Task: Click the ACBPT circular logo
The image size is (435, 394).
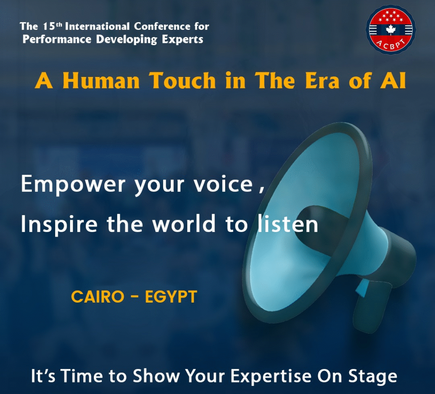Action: click(x=391, y=29)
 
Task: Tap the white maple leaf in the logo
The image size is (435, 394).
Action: click(x=391, y=30)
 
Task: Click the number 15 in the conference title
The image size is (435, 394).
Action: click(x=49, y=26)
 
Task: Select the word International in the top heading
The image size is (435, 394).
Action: click(x=97, y=26)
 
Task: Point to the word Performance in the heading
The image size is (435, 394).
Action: click(x=57, y=39)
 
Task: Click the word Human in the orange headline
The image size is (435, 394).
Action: click(x=101, y=80)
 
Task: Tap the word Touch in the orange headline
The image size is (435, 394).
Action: click(x=182, y=80)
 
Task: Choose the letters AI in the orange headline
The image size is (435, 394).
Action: click(x=393, y=80)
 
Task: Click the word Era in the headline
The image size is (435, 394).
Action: click(x=322, y=80)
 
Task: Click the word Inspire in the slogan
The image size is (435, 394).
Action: click(x=59, y=224)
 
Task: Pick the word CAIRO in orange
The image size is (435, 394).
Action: click(x=98, y=297)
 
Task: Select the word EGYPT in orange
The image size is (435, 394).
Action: click(x=171, y=297)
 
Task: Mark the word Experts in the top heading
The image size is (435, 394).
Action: click(x=183, y=40)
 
